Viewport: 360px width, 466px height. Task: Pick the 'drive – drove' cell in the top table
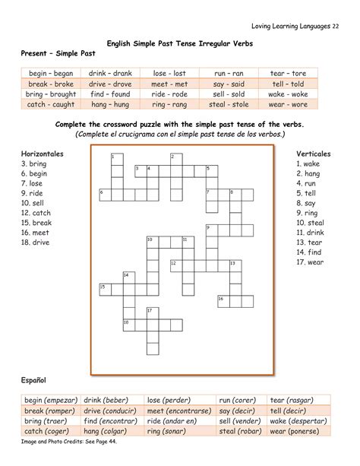[109, 84]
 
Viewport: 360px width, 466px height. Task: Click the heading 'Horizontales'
[43, 154]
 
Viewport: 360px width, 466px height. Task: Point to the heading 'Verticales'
[313, 154]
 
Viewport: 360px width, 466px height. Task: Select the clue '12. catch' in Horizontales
[37, 213]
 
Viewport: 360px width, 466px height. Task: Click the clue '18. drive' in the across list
[36, 243]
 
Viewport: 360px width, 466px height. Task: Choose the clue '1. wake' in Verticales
[309, 163]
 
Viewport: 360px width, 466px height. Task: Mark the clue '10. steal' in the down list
[311, 223]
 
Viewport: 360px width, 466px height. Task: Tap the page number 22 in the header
[336, 27]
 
